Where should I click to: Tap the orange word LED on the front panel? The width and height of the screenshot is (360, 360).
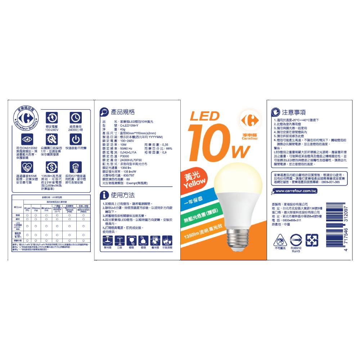pyautogui.click(x=204, y=116)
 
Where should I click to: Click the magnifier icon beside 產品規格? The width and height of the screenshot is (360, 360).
pyautogui.click(x=104, y=112)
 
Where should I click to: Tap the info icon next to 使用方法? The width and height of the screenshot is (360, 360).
pyautogui.click(x=104, y=195)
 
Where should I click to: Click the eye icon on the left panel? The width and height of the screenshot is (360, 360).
pyautogui.click(x=27, y=139)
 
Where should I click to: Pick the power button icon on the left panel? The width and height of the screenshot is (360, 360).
pyautogui.click(x=75, y=139)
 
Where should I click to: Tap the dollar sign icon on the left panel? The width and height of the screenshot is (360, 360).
pyautogui.click(x=51, y=167)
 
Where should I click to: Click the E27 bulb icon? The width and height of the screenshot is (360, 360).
pyautogui.click(x=75, y=167)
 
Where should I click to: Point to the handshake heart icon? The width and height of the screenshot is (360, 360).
pyautogui.click(x=27, y=167)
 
